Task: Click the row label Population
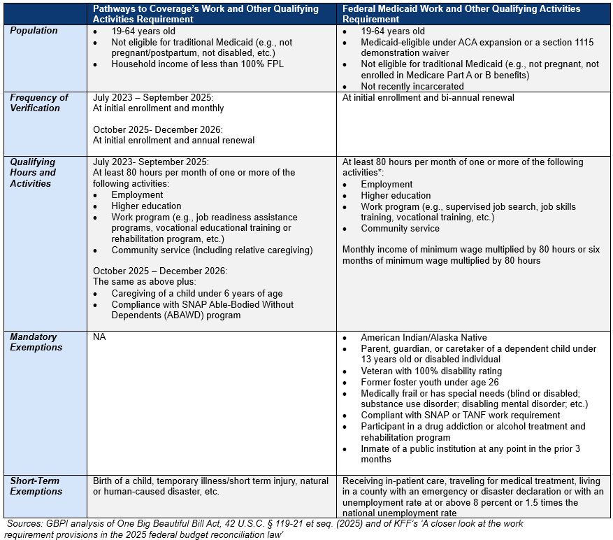click(34, 31)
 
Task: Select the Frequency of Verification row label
click(38, 103)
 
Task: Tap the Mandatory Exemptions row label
click(36, 342)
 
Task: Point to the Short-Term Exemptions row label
click(36, 486)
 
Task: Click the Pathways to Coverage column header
click(205, 14)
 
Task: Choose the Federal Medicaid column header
click(461, 14)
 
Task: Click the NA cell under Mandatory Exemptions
click(99, 337)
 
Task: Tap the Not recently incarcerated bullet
click(412, 86)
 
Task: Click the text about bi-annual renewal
click(428, 98)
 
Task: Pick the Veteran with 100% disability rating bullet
click(431, 371)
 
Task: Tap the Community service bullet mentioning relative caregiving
click(212, 250)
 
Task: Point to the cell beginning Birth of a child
click(210, 486)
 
